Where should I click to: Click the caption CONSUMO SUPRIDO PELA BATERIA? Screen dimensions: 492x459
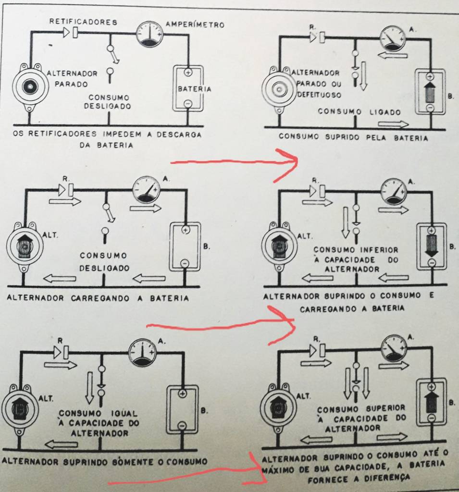click(x=353, y=137)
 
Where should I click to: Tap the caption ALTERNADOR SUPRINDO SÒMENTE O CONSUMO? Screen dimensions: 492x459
click(x=105, y=461)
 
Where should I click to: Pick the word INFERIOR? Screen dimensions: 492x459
click(x=379, y=250)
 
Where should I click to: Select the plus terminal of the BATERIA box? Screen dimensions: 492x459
click(x=188, y=72)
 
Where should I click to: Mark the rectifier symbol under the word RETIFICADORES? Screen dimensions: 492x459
click(x=71, y=33)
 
